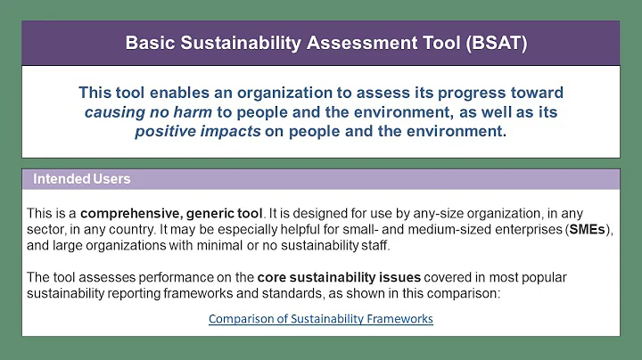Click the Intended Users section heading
(82, 179)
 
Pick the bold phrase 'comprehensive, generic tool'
(171, 213)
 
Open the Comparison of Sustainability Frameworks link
(321, 318)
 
